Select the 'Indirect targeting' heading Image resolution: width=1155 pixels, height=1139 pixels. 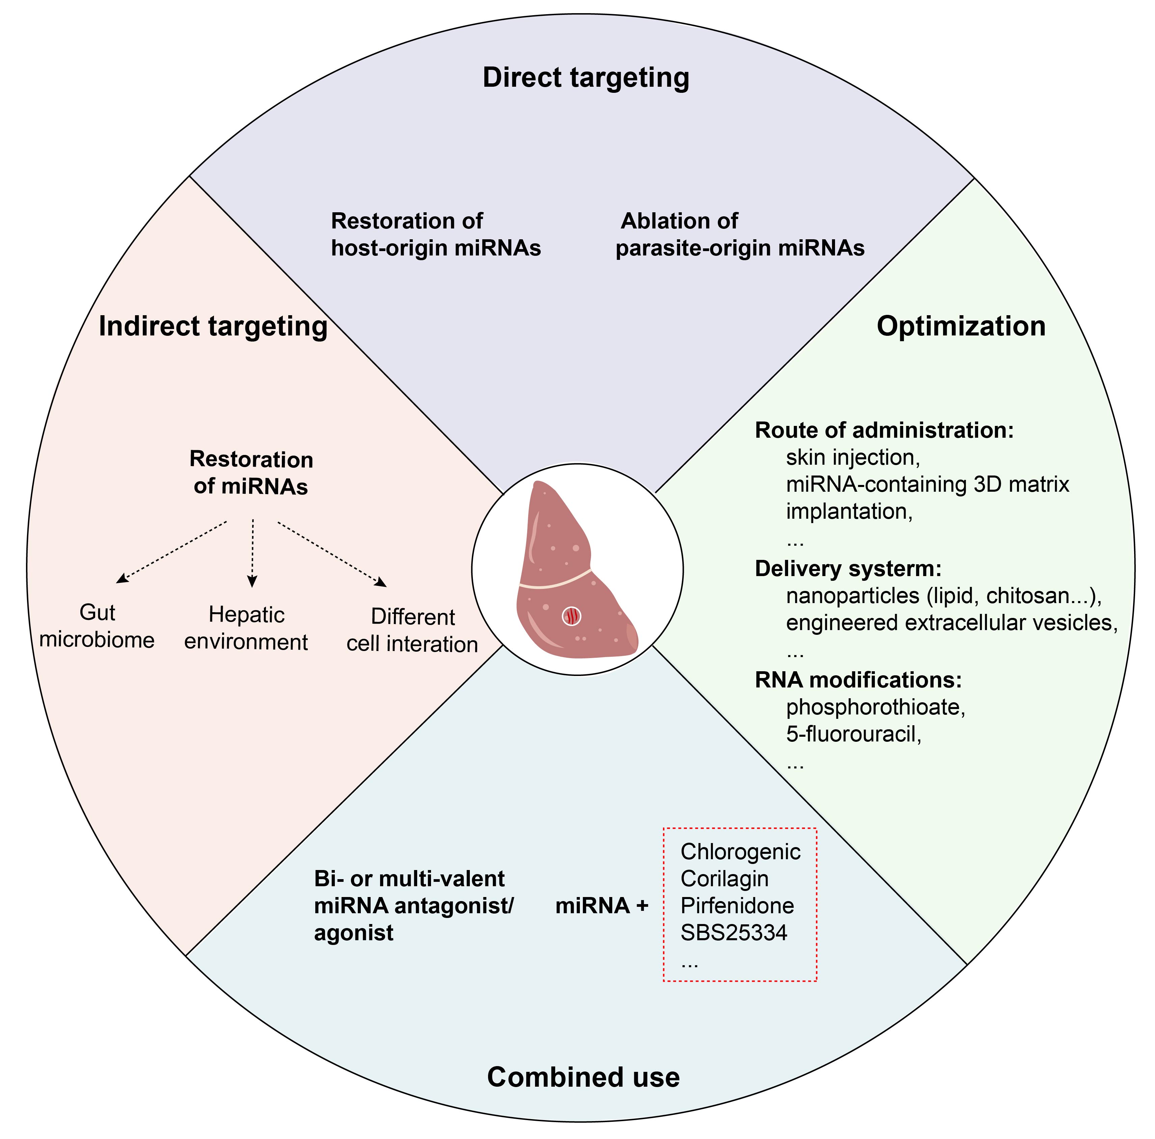click(213, 326)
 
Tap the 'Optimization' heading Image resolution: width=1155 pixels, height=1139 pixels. click(961, 326)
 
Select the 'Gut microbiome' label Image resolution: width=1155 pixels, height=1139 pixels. click(97, 626)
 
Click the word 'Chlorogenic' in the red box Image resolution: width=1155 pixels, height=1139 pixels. click(740, 851)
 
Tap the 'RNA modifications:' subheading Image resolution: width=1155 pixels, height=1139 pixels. click(858, 680)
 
